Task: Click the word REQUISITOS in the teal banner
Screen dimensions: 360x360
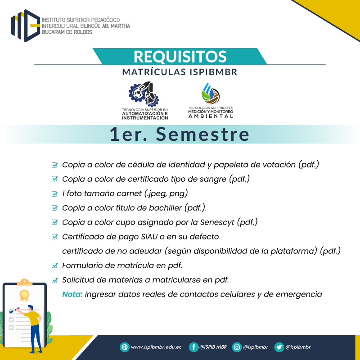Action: click(x=180, y=57)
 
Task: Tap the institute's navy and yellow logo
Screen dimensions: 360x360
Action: click(x=26, y=26)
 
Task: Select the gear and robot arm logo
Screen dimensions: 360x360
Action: click(x=144, y=94)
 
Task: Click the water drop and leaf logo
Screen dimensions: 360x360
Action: click(x=211, y=94)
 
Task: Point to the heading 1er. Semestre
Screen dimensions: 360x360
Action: click(x=180, y=134)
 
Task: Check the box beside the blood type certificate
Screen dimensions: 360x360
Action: click(x=54, y=179)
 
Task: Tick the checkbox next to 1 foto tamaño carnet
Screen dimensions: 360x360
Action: click(x=54, y=194)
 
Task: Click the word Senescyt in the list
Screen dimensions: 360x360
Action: click(x=217, y=222)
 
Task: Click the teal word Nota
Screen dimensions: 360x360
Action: click(x=72, y=294)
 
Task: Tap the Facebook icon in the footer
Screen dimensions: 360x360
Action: click(x=193, y=347)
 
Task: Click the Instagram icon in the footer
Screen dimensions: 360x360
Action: click(x=237, y=347)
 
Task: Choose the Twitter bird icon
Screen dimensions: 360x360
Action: click(x=279, y=347)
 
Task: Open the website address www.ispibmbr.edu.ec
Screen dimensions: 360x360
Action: click(x=156, y=347)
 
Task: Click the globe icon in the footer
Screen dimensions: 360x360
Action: click(x=125, y=347)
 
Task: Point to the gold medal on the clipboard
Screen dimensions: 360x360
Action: click(x=24, y=295)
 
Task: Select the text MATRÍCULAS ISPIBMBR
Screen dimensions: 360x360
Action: click(x=180, y=72)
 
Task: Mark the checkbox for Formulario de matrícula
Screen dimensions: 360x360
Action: click(x=54, y=265)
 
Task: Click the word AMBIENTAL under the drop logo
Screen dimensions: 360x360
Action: click(x=211, y=116)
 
